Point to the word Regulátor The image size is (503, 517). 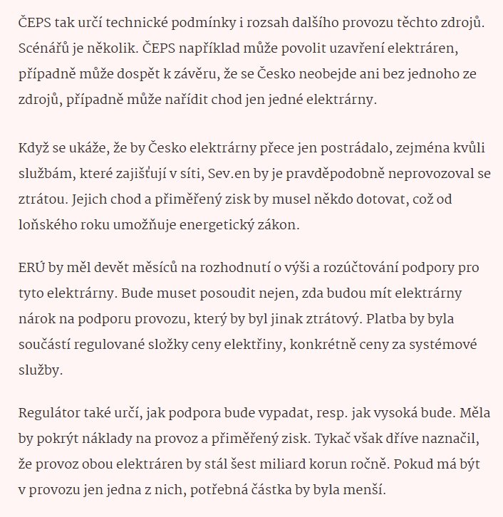click(x=48, y=412)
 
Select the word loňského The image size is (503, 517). click(x=50, y=224)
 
